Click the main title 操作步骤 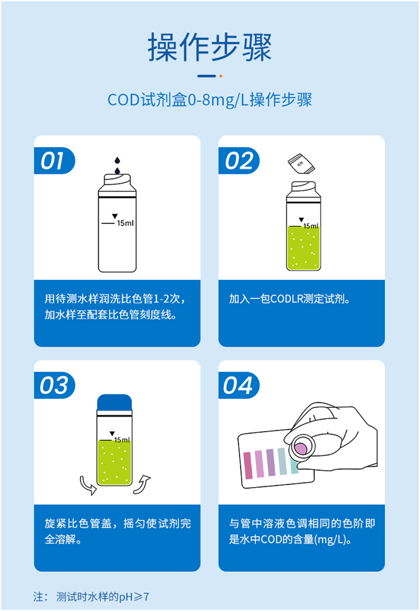pos(209,47)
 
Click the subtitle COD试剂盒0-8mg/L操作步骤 pos(209,101)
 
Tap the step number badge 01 pos(53,161)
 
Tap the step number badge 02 pos(238,161)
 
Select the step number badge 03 pos(53,386)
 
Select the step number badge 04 pos(238,386)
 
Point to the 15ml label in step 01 pos(124,223)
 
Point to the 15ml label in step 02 pos(311,226)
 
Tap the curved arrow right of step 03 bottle pos(143,485)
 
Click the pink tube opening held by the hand pos(301,447)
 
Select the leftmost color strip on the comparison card pos(246,464)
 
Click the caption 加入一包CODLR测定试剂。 pos(290,299)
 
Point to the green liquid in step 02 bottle pos(302,249)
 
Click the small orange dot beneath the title pos(221,76)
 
